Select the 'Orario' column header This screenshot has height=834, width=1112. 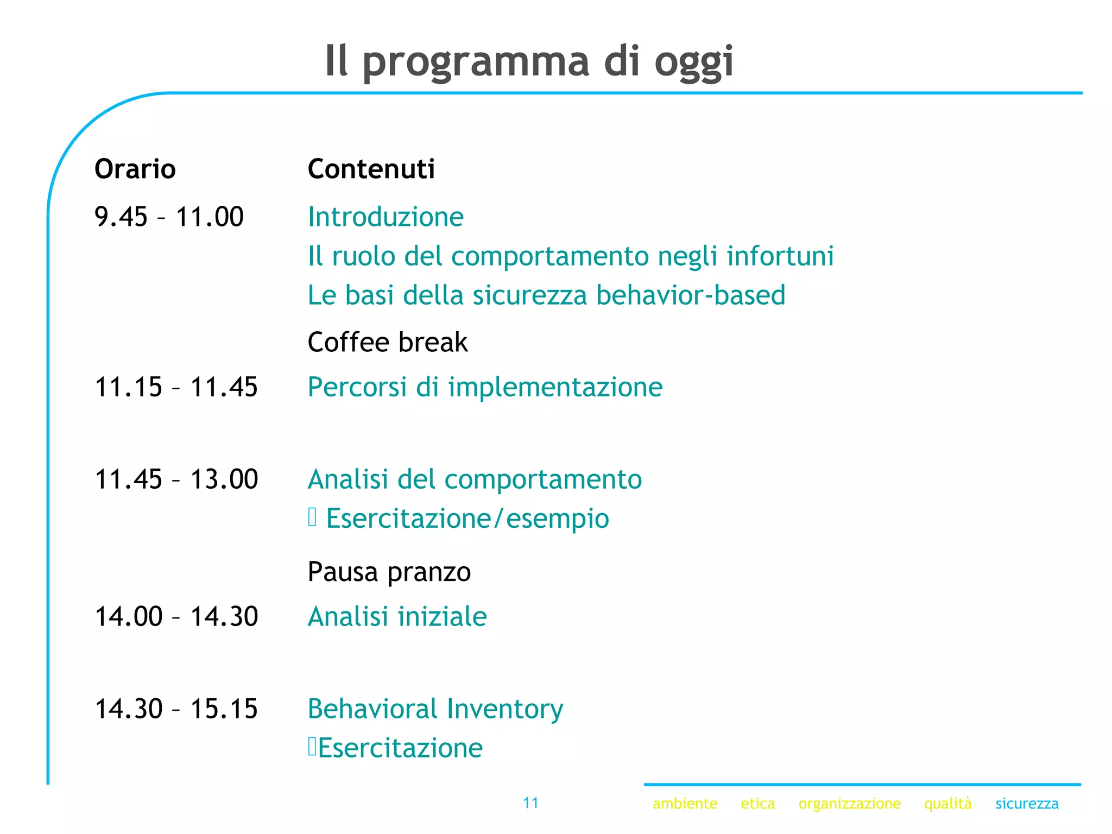point(135,169)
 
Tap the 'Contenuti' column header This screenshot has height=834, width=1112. point(371,169)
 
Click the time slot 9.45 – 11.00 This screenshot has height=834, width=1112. point(169,217)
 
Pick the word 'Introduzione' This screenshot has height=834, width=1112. point(386,217)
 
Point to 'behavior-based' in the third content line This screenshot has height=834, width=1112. point(690,295)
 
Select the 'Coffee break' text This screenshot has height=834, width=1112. point(387,342)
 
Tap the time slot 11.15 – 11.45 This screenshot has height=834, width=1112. point(176,387)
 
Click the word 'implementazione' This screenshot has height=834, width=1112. point(555,387)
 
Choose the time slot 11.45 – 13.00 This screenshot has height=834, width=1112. point(176,479)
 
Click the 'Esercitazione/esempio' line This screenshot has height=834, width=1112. point(467,519)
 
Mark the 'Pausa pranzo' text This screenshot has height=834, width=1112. point(389,572)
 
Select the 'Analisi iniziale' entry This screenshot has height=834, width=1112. point(397,617)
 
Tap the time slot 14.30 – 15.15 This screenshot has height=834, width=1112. point(176,709)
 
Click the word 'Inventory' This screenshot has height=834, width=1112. point(505,709)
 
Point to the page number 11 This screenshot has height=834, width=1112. point(530,803)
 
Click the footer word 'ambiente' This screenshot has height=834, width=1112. point(685,804)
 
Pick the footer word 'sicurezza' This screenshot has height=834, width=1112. point(1026,804)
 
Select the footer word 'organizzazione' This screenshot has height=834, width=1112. point(849,804)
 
